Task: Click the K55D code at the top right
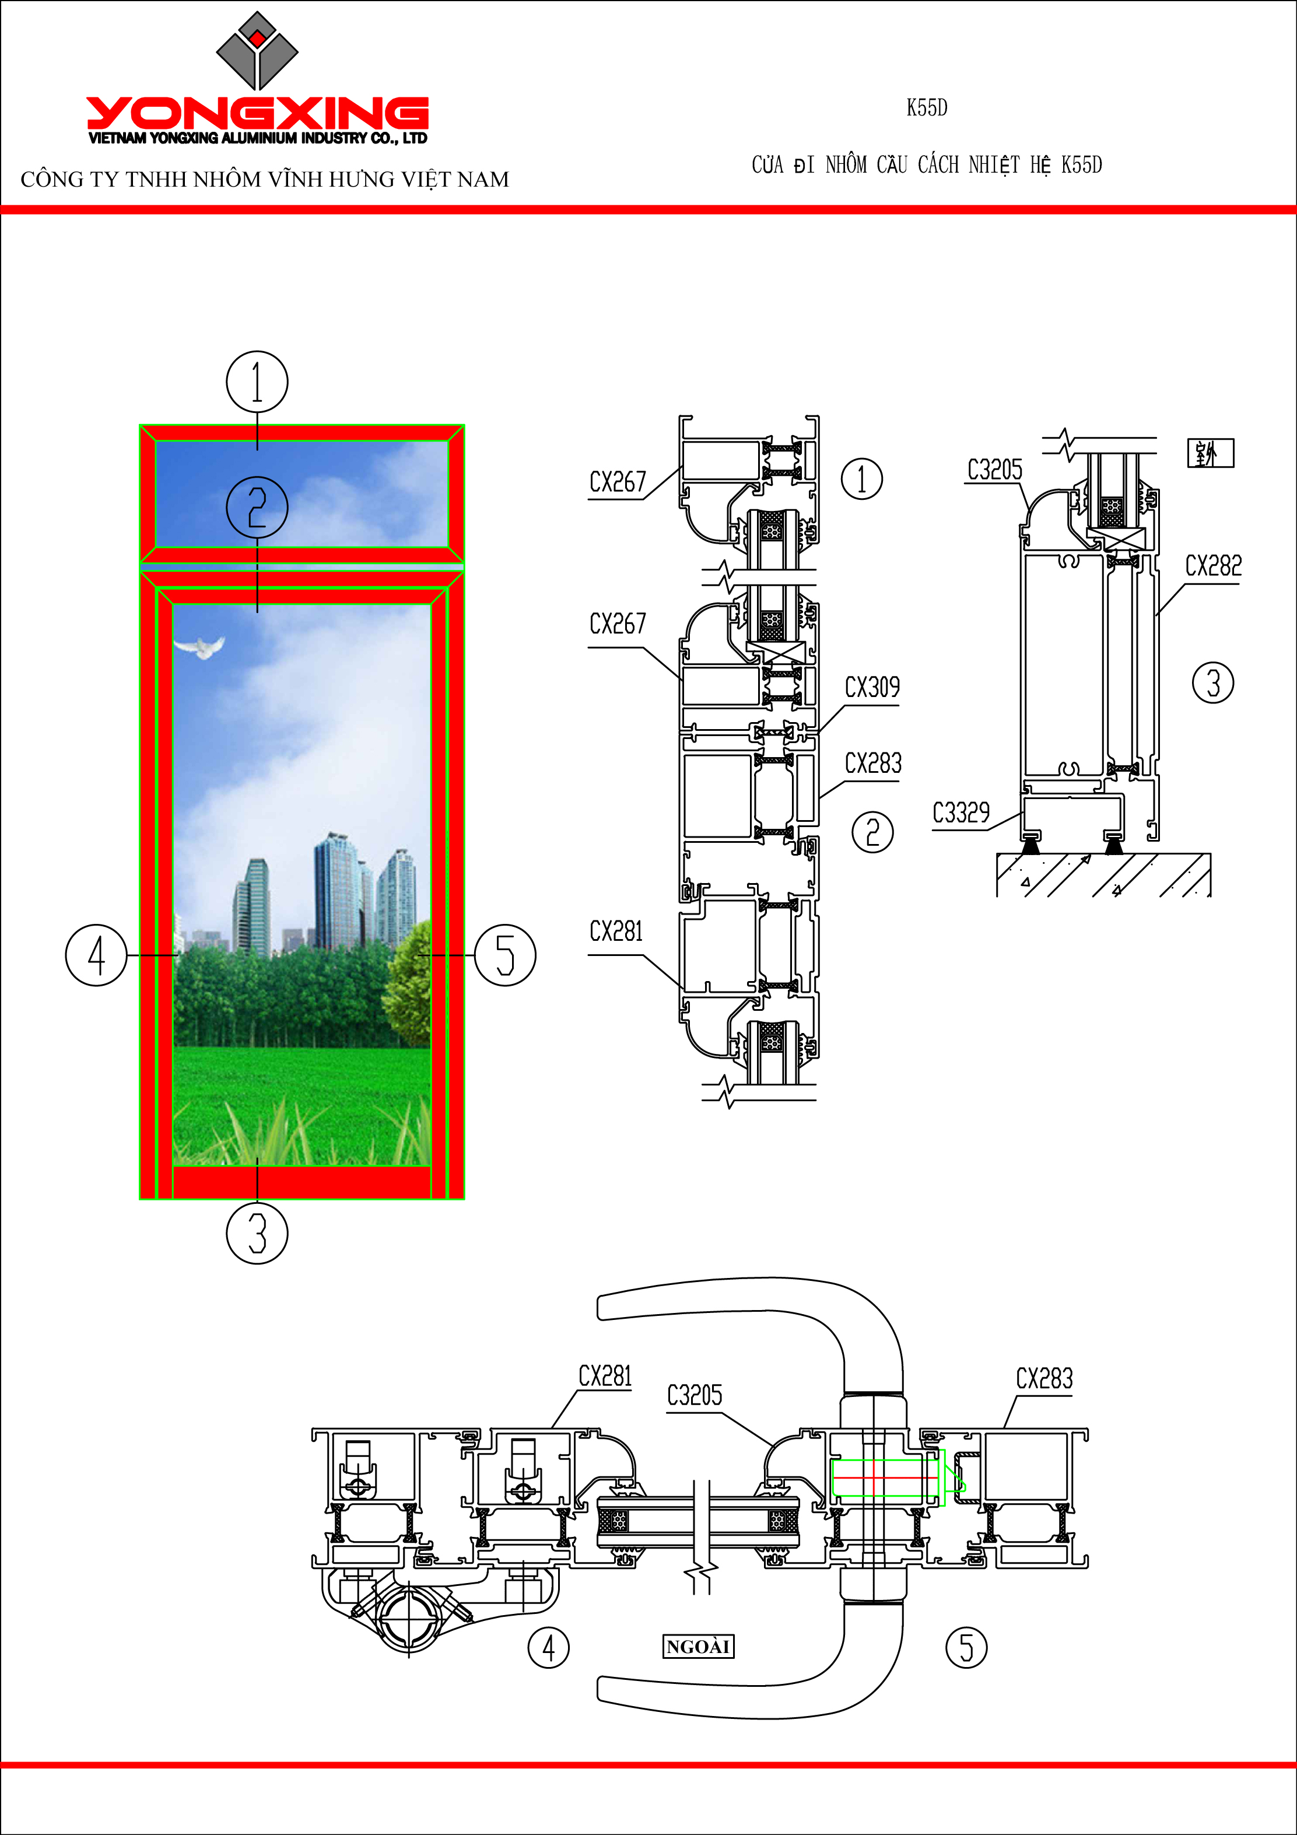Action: point(927,108)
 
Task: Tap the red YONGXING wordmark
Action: point(257,114)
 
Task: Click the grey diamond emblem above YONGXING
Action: point(257,50)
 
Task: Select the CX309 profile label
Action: point(872,687)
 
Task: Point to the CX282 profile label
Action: point(1213,566)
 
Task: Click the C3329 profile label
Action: point(961,813)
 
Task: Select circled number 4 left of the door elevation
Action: point(96,955)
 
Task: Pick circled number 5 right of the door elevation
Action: point(505,955)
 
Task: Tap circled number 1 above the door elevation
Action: point(257,382)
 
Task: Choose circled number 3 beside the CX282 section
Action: point(1213,684)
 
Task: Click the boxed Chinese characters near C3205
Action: point(1210,453)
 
